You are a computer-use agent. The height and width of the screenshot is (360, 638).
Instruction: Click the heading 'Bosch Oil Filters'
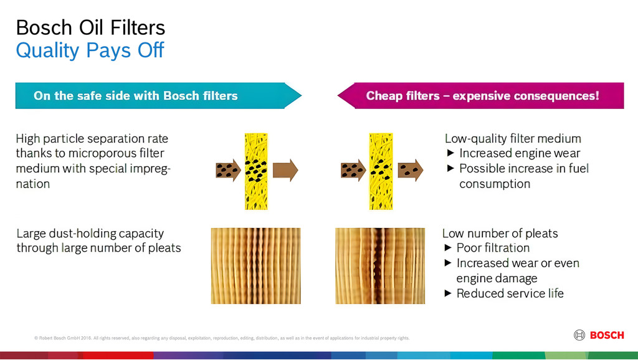point(90,27)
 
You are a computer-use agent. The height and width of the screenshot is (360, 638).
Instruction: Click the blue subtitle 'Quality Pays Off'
point(90,50)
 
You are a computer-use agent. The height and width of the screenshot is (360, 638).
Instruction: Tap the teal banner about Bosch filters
point(158,95)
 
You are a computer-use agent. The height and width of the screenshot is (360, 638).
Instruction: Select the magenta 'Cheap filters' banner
point(480,95)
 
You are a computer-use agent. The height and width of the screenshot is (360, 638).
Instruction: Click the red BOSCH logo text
point(607,335)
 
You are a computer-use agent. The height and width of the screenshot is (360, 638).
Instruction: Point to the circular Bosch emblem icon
point(579,335)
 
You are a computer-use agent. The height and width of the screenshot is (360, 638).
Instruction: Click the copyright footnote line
point(222,338)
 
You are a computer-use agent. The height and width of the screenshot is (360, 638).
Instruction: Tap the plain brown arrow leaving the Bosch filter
point(285,170)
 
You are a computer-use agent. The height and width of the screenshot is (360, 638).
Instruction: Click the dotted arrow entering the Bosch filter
point(228,170)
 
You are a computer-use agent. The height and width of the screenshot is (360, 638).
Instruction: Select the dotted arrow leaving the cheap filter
point(410,170)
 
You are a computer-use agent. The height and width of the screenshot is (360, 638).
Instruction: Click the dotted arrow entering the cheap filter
point(353,170)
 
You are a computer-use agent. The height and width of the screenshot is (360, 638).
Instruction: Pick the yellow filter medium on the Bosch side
point(256,171)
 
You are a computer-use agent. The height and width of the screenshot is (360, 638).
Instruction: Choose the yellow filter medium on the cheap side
point(381,171)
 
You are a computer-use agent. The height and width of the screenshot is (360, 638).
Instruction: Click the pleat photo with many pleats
point(256,265)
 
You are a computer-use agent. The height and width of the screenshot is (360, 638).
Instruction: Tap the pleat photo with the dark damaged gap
point(380,265)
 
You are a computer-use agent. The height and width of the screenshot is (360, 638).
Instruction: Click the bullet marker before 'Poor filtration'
point(448,248)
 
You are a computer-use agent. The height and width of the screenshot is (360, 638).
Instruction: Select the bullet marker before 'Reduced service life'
point(448,293)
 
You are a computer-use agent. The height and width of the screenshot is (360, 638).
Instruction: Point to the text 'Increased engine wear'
point(520,153)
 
